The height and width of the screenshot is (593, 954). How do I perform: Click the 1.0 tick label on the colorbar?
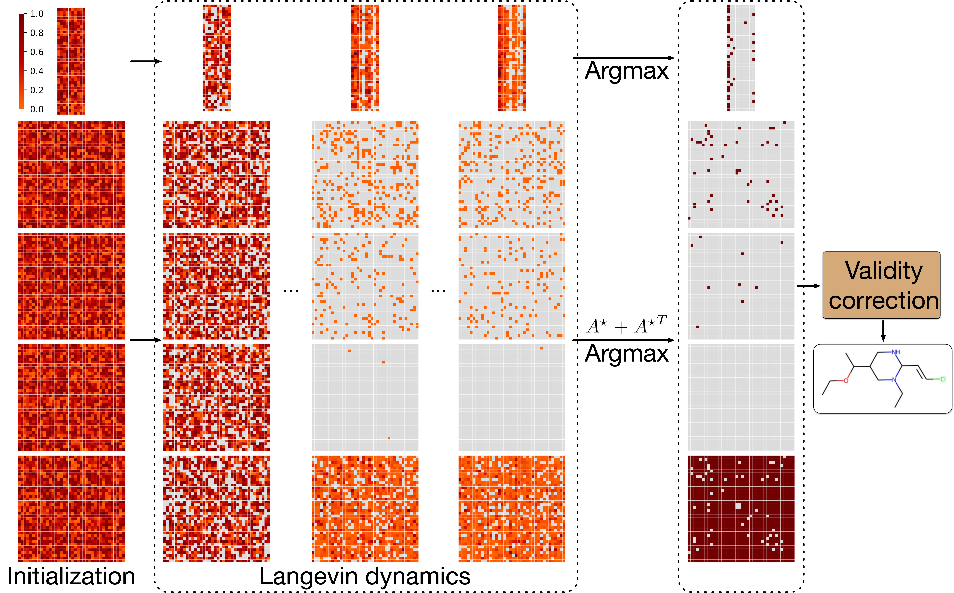(37, 14)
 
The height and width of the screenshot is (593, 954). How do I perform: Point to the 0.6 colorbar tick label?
(37, 52)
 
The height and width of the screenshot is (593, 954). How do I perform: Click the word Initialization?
(71, 576)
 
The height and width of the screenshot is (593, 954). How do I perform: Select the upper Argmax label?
(626, 71)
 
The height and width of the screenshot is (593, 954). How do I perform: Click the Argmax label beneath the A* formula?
(626, 354)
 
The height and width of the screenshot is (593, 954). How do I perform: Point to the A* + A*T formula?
(626, 326)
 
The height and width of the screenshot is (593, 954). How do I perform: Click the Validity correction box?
(881, 285)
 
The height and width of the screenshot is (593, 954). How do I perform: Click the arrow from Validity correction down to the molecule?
(883, 331)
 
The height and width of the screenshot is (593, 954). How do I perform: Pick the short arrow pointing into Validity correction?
(808, 286)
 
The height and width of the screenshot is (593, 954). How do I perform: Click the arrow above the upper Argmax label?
(623, 58)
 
